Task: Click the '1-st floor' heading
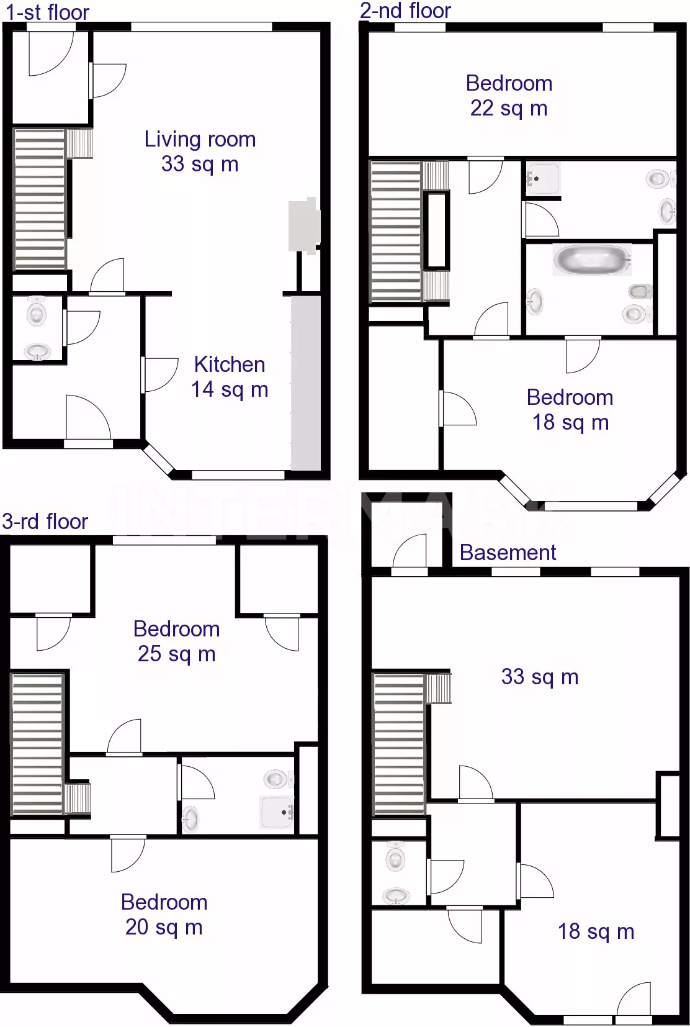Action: (x=47, y=12)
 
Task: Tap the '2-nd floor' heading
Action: (x=405, y=11)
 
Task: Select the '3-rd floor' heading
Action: (x=45, y=522)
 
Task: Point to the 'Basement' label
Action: (x=508, y=553)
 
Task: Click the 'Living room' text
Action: (x=200, y=139)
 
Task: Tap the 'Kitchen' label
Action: (x=230, y=365)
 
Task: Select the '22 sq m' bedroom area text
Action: (x=509, y=109)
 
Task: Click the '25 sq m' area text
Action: (x=177, y=654)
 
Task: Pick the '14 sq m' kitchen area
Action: (x=230, y=390)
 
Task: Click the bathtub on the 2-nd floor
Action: (x=592, y=260)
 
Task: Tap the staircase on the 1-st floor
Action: (x=40, y=199)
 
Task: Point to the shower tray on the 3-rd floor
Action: (x=276, y=812)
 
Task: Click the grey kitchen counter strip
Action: (x=306, y=383)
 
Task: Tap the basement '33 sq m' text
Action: (x=540, y=677)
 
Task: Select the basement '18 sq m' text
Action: (x=596, y=931)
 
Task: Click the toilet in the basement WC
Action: (x=395, y=857)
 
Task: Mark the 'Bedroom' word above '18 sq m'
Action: (x=570, y=397)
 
